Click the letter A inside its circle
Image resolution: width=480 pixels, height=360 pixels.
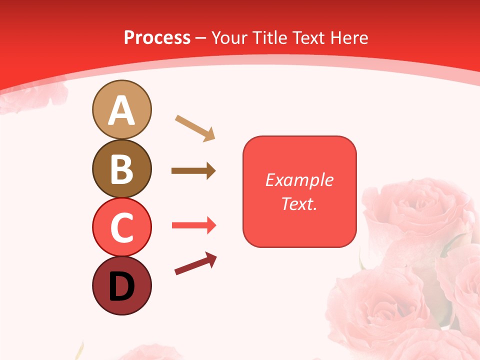pos(121,110)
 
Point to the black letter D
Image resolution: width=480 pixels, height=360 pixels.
pos(121,287)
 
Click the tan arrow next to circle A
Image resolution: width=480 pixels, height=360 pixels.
pos(195,128)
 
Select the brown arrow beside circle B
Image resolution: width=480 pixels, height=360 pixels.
pos(193,171)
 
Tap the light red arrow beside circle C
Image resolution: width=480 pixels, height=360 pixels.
pos(194,225)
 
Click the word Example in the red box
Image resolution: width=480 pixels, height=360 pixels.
pos(299,180)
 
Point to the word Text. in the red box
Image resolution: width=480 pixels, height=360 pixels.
pos(299,203)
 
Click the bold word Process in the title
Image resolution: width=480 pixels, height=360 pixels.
pos(157,37)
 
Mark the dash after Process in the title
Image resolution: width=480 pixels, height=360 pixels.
pos(201,38)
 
